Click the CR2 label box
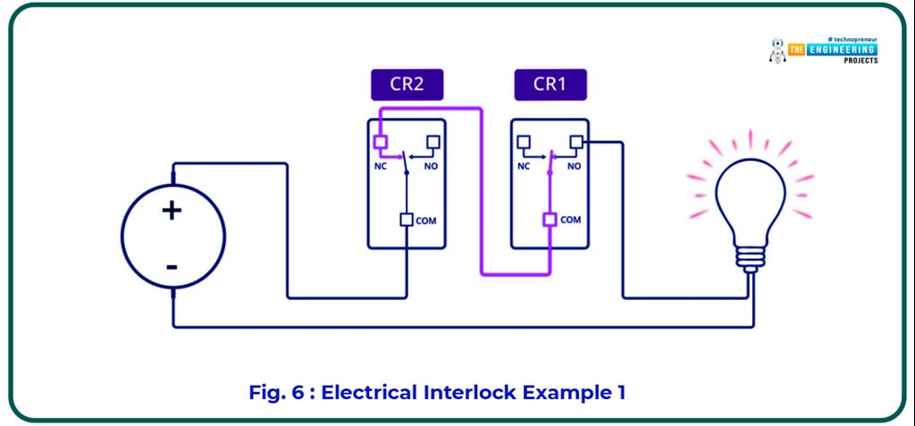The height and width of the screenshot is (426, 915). tap(407, 85)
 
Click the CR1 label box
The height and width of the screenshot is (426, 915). tap(550, 85)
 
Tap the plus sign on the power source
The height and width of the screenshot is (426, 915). tap(171, 211)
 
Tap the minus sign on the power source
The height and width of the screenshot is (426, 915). tap(171, 266)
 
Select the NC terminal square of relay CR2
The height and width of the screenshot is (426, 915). tap(380, 141)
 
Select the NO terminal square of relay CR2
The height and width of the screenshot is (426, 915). tap(433, 141)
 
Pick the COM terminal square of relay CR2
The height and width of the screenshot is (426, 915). tap(407, 220)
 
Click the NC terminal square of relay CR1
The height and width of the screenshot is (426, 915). tap(524, 141)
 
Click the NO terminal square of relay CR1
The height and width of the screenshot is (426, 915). tap(576, 141)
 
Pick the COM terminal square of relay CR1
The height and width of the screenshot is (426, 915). tap(550, 220)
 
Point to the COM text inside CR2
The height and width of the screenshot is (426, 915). tap(426, 221)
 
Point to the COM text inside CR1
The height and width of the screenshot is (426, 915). tap(570, 221)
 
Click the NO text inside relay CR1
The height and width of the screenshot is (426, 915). tap(574, 165)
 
